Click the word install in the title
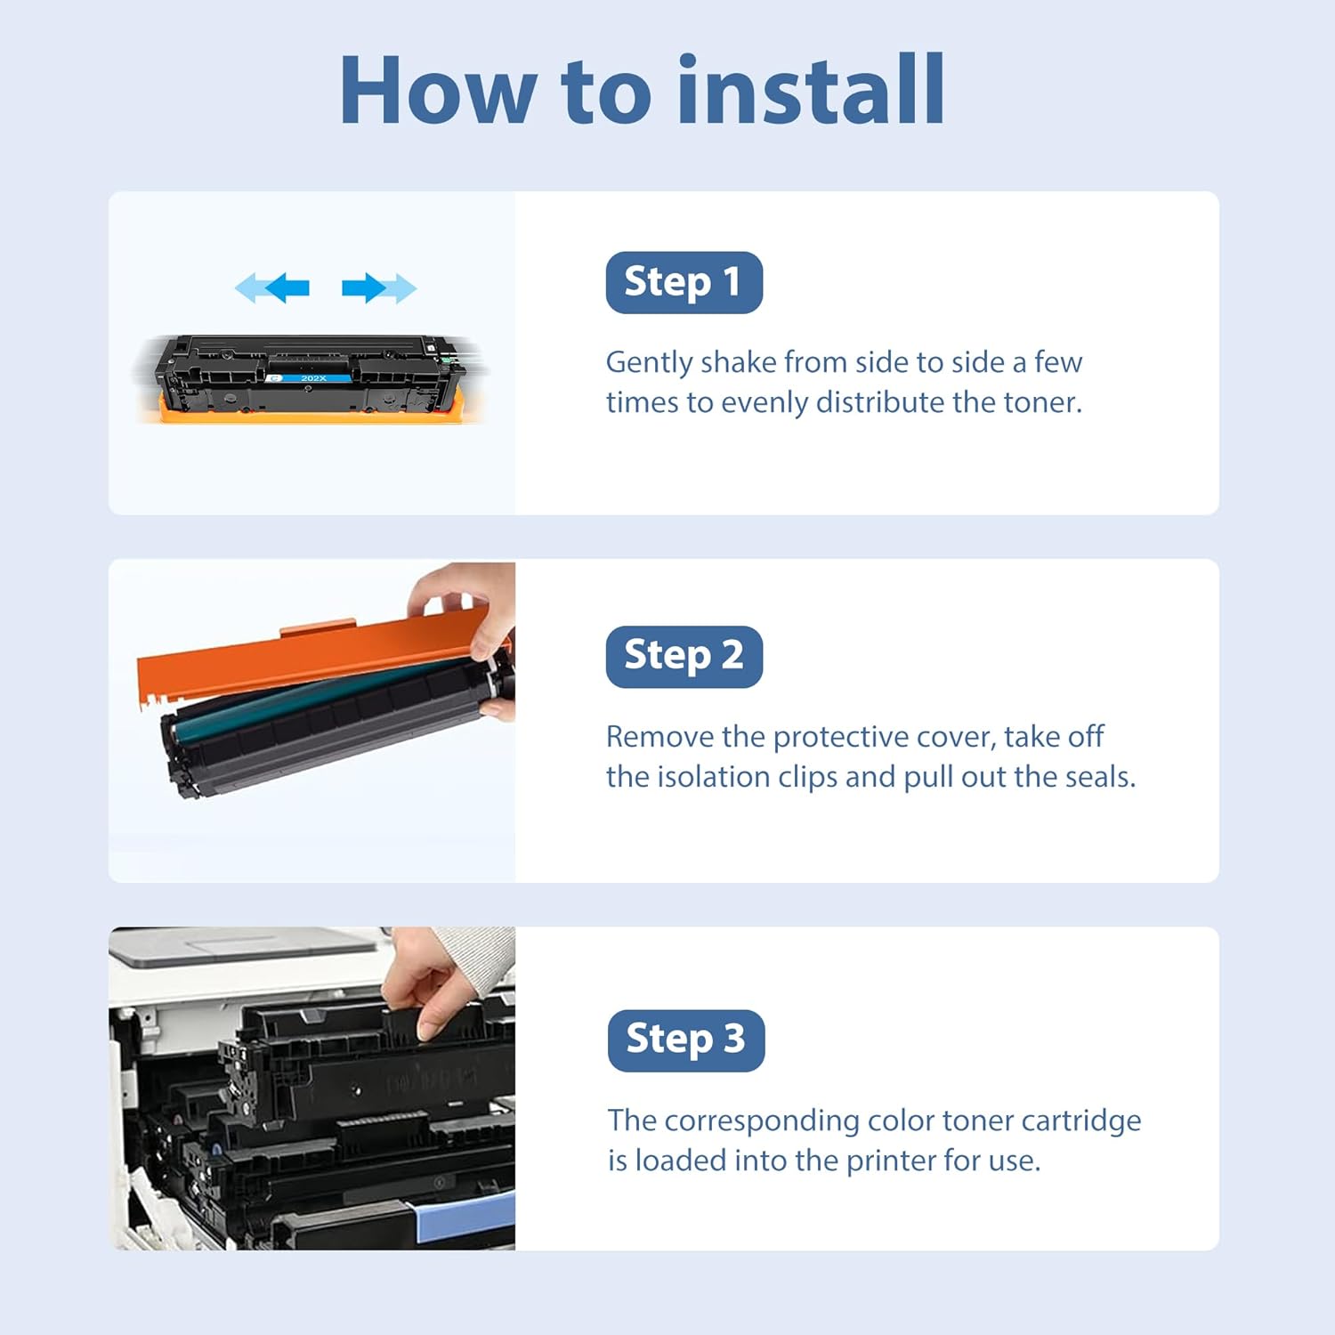click(811, 89)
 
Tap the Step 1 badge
click(684, 282)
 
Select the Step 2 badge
click(684, 656)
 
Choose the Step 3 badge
click(686, 1040)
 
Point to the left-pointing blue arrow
click(272, 287)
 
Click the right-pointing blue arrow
click(379, 287)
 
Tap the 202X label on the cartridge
click(313, 378)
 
